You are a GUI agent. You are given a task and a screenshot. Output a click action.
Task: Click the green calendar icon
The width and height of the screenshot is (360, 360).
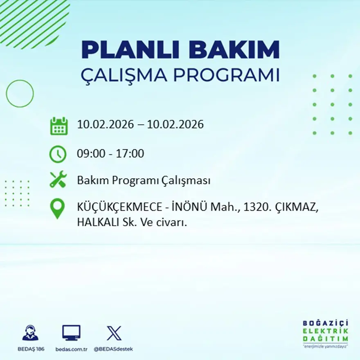(x=59, y=126)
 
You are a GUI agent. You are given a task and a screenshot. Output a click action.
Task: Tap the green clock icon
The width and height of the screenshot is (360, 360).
(x=58, y=154)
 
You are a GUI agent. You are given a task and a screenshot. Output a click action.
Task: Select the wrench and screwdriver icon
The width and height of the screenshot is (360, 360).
(x=58, y=180)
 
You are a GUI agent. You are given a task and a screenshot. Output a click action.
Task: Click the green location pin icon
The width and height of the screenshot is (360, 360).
(x=57, y=208)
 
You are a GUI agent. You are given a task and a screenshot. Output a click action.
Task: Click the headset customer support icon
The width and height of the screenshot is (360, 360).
(x=30, y=333)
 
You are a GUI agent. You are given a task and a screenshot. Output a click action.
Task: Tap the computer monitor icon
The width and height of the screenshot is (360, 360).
(x=71, y=333)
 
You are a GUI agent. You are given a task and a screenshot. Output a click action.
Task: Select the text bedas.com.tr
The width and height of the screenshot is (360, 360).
(x=71, y=349)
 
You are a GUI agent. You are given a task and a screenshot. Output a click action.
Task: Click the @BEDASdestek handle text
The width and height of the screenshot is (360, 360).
(x=113, y=349)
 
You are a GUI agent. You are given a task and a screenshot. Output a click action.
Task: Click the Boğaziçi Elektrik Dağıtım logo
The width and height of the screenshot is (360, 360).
(x=325, y=333)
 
